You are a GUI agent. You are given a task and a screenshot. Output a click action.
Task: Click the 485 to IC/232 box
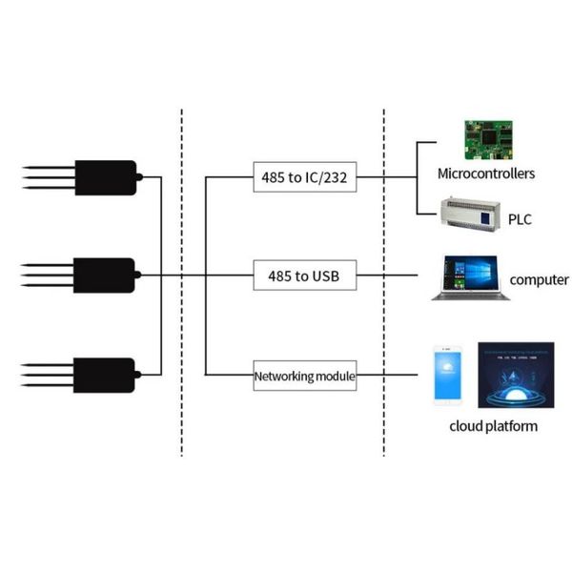(305, 177)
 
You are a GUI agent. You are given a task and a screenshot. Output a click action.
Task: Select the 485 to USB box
(305, 276)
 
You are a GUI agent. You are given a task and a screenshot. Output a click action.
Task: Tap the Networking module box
(305, 376)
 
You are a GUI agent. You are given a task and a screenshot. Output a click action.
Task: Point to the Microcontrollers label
(486, 174)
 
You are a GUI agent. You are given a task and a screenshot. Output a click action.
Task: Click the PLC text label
(520, 219)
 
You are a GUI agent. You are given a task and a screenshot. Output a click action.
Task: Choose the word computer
(539, 280)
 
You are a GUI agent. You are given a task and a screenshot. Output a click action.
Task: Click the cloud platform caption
(493, 426)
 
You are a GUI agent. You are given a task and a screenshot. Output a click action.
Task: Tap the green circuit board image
(488, 140)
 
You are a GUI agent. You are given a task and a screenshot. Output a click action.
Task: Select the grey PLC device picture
(470, 214)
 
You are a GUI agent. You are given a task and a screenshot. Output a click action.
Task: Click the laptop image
(471, 278)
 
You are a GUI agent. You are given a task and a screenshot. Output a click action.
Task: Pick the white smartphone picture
(448, 375)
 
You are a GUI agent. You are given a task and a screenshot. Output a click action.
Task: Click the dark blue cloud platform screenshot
(516, 375)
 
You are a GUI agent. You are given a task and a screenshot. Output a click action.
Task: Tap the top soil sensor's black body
(106, 177)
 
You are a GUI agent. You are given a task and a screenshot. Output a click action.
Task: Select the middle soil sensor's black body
(104, 276)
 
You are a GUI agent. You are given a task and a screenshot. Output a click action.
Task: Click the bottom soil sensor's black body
(104, 376)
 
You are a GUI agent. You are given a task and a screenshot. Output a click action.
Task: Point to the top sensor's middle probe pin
(49, 177)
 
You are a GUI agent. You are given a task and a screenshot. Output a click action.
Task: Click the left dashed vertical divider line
(182, 283)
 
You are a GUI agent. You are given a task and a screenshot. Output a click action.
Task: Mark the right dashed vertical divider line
(384, 283)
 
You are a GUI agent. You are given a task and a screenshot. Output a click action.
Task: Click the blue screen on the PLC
(485, 218)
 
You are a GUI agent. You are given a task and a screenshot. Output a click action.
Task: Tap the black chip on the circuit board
(489, 137)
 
